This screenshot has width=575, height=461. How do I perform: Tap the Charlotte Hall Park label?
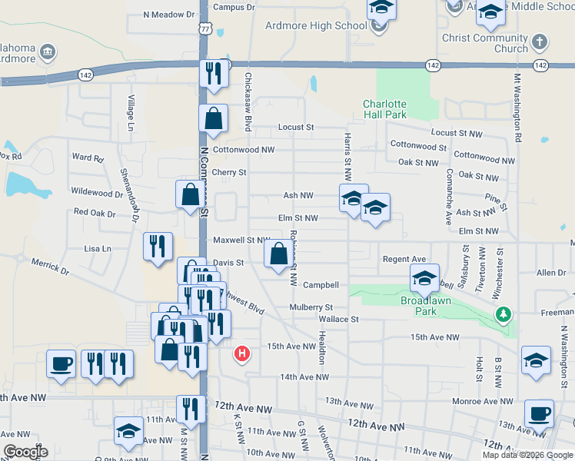coord(384,109)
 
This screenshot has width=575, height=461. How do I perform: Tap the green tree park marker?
coord(503,313)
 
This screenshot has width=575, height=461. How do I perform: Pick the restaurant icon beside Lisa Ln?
coord(158,246)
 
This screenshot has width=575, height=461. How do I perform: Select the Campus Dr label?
coord(234,7)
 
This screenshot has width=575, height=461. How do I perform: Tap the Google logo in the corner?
coord(25,451)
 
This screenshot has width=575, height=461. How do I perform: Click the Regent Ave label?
coord(404,260)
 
